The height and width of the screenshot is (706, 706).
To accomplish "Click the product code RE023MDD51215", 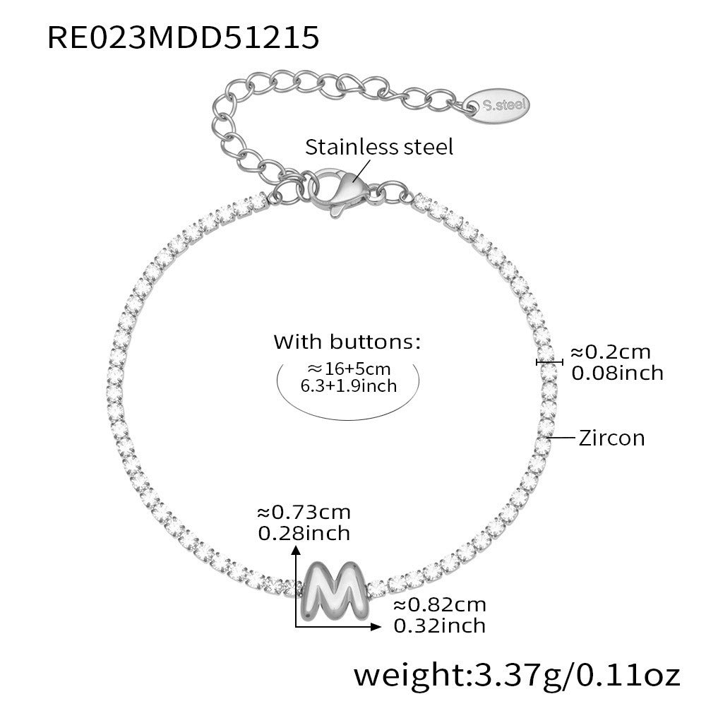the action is [x=184, y=37].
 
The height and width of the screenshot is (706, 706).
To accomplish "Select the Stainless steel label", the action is [x=379, y=148].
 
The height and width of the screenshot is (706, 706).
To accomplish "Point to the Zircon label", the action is [x=611, y=438].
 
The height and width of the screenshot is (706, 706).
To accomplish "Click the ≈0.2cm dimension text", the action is [x=611, y=352].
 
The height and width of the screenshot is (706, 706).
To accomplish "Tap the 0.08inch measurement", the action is [x=617, y=373].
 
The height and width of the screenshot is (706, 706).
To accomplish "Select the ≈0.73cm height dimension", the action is [x=304, y=513].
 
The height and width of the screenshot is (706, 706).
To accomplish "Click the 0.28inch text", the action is [x=304, y=534].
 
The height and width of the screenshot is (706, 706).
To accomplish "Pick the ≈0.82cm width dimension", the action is [x=440, y=605].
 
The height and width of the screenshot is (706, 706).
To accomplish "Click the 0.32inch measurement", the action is [x=439, y=626].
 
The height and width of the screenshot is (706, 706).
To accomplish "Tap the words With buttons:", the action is [x=347, y=342].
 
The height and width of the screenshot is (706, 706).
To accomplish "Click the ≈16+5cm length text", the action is [x=349, y=369].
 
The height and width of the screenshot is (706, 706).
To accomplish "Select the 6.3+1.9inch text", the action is [x=349, y=386].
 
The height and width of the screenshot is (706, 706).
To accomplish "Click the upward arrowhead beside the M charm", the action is [x=296, y=550].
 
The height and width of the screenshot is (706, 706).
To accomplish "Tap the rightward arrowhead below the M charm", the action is [x=376, y=626].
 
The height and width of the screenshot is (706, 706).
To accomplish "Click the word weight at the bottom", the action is [x=409, y=676].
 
